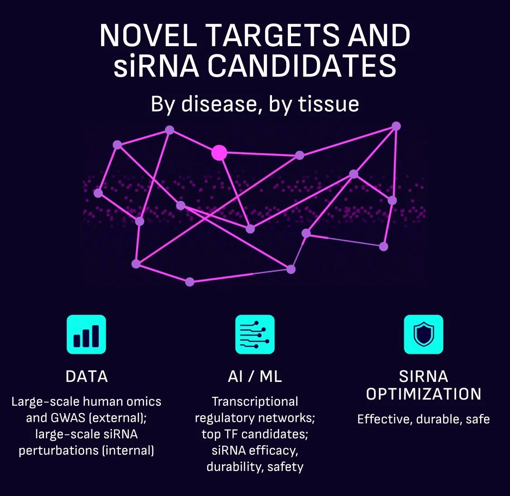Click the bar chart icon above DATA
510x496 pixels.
click(x=86, y=334)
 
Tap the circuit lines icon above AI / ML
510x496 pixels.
click(x=255, y=334)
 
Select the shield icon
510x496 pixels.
click(x=423, y=334)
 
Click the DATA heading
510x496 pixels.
click(x=87, y=376)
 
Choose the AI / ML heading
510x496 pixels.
click(x=255, y=376)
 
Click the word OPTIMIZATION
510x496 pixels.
click(x=423, y=394)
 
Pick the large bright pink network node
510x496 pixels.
click(x=219, y=153)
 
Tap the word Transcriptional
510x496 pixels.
click(x=255, y=402)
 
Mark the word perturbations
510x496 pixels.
click(x=58, y=451)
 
